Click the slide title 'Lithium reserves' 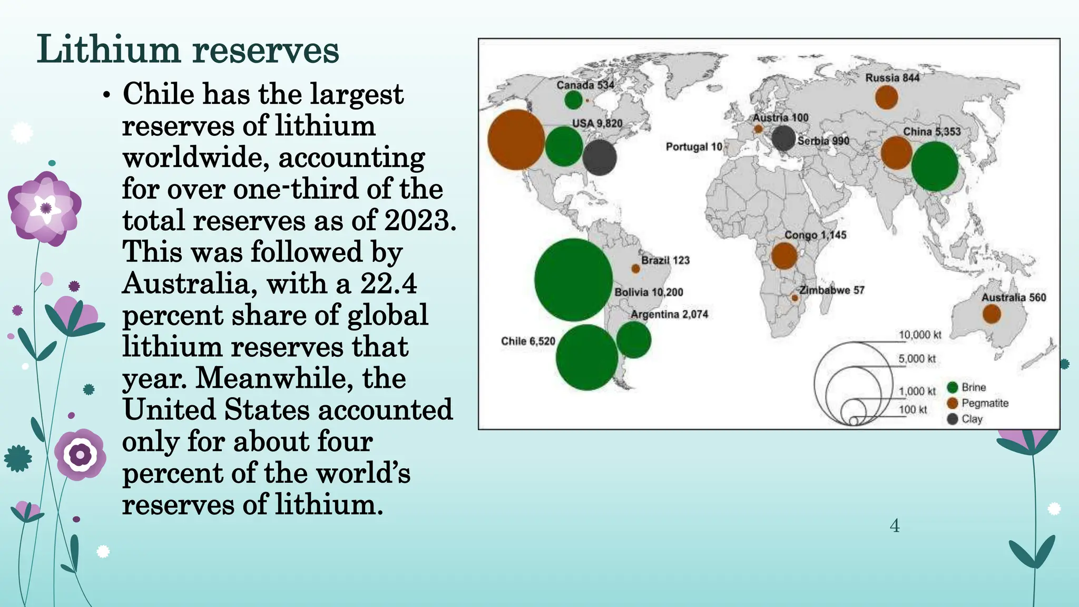[x=188, y=50]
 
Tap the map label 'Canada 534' [x=585, y=85]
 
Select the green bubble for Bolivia [x=573, y=280]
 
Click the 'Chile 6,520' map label [x=528, y=341]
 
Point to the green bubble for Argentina [x=633, y=340]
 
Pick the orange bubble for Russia [x=886, y=97]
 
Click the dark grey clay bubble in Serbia [x=783, y=138]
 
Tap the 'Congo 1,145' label [x=815, y=235]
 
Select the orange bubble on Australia [x=991, y=314]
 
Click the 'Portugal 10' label [x=693, y=146]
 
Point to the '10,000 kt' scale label [x=919, y=335]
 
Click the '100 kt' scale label [x=913, y=409]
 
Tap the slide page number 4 [x=894, y=525]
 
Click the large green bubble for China [x=934, y=167]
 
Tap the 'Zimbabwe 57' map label [x=831, y=290]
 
